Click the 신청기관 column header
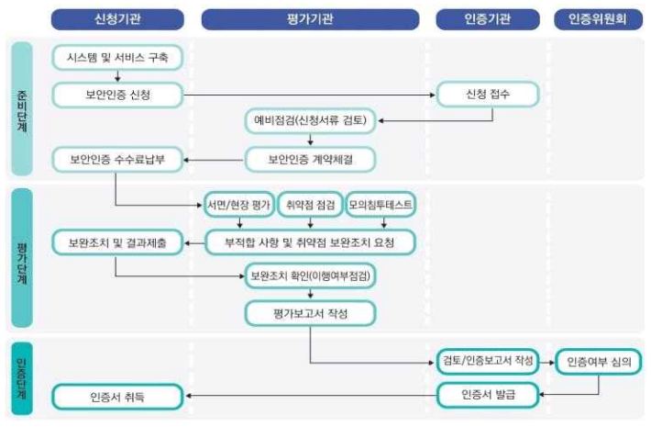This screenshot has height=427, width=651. coord(117,18)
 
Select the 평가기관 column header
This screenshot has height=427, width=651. coord(311,18)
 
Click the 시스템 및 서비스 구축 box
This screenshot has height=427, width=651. coord(117,58)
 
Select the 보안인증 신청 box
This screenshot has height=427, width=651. coord(117,94)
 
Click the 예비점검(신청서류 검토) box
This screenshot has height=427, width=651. coord(311,121)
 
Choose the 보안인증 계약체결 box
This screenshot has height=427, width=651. coord(311,159)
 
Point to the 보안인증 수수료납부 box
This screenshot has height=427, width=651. coord(117,159)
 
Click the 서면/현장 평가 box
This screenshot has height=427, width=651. coord(237,206)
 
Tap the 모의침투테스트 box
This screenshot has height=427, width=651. coord(381,206)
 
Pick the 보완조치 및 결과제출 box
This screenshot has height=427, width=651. coord(117,243)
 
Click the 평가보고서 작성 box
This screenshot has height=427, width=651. coord(311,313)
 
